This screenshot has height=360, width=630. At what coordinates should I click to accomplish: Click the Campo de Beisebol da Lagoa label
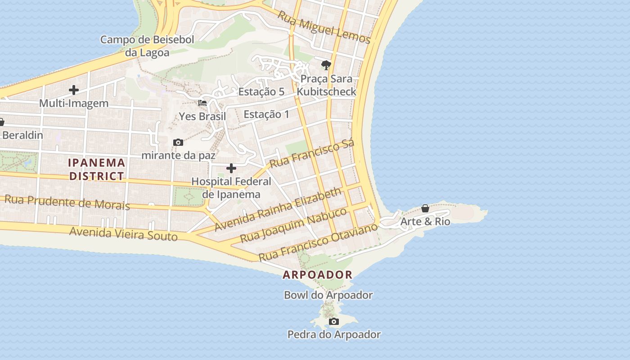tap(147, 46)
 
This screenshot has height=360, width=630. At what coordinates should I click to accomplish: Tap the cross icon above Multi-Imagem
tap(74, 90)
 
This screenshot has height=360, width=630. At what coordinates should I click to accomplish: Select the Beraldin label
tap(22, 135)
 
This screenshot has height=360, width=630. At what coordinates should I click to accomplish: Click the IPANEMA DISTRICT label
tap(97, 169)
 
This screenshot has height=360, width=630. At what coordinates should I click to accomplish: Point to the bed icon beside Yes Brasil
tap(202, 103)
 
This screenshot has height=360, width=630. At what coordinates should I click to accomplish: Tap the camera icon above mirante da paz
tap(178, 143)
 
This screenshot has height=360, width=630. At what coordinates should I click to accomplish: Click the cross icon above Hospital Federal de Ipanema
tap(231, 168)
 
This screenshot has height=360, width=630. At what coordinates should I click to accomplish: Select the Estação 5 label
tap(261, 92)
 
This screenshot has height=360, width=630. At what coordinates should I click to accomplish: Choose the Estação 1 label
tap(266, 114)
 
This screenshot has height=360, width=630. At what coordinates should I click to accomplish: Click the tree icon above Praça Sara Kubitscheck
tap(326, 65)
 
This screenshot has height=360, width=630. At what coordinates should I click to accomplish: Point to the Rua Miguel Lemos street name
tap(324, 27)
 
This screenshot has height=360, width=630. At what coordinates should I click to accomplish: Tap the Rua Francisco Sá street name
tap(312, 153)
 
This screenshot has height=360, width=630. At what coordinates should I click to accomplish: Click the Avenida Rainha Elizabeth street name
tap(278, 209)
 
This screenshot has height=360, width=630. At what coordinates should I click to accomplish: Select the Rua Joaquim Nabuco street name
tap(293, 225)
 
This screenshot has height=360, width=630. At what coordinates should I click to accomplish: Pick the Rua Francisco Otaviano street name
tap(318, 242)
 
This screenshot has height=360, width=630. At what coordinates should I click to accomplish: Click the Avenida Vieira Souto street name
tap(123, 234)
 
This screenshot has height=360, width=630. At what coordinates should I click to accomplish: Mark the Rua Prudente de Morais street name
tap(67, 202)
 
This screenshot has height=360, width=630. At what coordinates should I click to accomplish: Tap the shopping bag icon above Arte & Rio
tap(425, 208)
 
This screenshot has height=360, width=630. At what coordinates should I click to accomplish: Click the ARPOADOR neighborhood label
tap(317, 274)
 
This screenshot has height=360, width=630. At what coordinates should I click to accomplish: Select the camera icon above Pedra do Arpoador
tap(333, 321)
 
